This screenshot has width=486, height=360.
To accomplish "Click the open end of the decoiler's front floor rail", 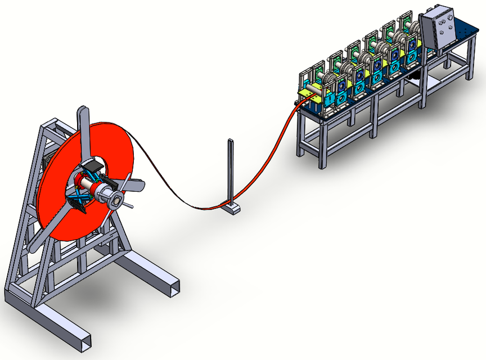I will click(83, 341).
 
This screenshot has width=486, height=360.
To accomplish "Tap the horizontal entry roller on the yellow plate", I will click(315, 88).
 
